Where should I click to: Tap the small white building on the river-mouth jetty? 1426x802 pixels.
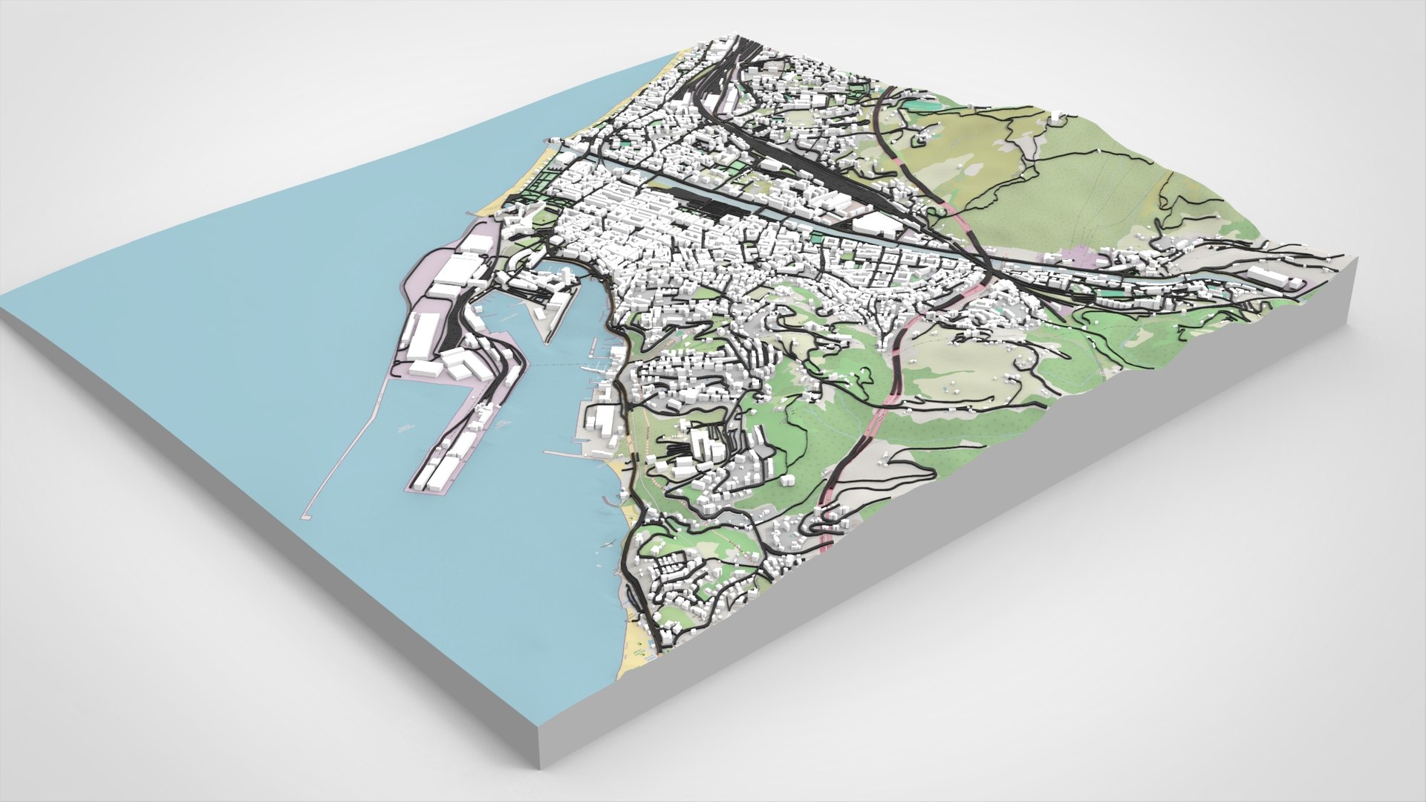553,139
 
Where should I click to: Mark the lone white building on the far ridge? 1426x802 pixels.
1055,115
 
